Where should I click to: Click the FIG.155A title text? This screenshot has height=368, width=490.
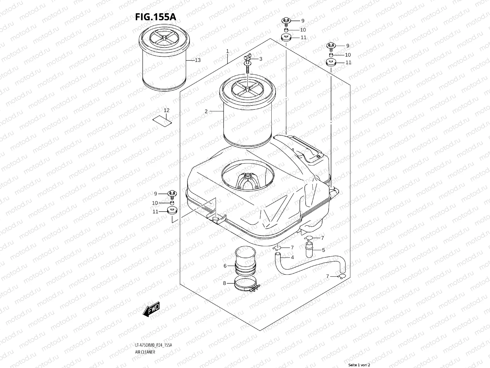[156, 17]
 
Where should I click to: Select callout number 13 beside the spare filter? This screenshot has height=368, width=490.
[198, 60]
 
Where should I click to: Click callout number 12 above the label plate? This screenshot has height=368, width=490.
[166, 110]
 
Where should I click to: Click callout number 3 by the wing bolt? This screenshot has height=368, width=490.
[261, 59]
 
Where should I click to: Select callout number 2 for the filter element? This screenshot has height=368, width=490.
[206, 111]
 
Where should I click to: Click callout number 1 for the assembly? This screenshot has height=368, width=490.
[227, 51]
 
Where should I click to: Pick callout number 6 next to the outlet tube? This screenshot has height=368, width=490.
[225, 266]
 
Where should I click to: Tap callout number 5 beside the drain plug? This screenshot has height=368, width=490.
[323, 250]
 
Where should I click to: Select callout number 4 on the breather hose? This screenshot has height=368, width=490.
[292, 257]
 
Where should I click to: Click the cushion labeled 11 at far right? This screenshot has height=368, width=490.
[331, 63]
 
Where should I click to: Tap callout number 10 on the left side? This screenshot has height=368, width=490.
[155, 203]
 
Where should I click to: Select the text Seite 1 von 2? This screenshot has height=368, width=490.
[359, 365]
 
